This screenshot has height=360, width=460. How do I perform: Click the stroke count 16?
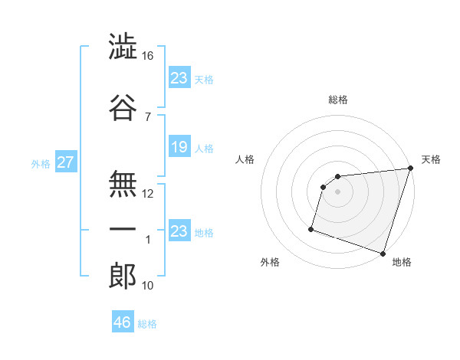point(147,57)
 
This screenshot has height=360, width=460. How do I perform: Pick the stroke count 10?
point(147,286)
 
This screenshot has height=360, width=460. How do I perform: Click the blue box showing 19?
point(179,148)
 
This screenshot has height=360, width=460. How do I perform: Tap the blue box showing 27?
point(65,162)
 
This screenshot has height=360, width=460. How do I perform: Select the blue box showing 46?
point(123,322)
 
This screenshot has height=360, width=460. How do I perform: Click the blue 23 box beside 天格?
point(179,78)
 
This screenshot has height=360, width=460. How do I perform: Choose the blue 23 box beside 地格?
point(179,231)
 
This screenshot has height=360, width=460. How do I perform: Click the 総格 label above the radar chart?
point(337,100)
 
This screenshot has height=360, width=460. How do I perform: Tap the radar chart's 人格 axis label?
point(245,159)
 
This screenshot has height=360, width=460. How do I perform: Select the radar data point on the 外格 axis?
point(311,228)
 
